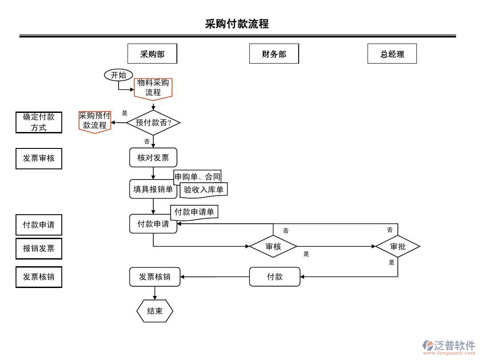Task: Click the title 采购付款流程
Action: [237, 24]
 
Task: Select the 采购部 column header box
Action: [152, 54]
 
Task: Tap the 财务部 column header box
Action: [274, 54]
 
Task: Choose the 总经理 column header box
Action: [392, 54]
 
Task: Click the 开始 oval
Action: [118, 75]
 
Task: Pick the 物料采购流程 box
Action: [153, 88]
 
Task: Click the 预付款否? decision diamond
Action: [153, 123]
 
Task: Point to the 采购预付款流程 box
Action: [95, 121]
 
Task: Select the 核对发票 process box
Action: [153, 157]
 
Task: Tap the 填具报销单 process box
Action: [153, 189]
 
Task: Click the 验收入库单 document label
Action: [204, 190]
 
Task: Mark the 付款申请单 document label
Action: [194, 212]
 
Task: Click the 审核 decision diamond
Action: [273, 246]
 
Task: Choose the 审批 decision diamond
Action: [398, 246]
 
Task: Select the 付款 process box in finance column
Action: [275, 276]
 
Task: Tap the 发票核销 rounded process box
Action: [155, 276]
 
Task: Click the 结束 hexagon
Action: [155, 311]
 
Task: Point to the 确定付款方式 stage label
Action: [39, 122]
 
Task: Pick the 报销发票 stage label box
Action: [39, 248]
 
